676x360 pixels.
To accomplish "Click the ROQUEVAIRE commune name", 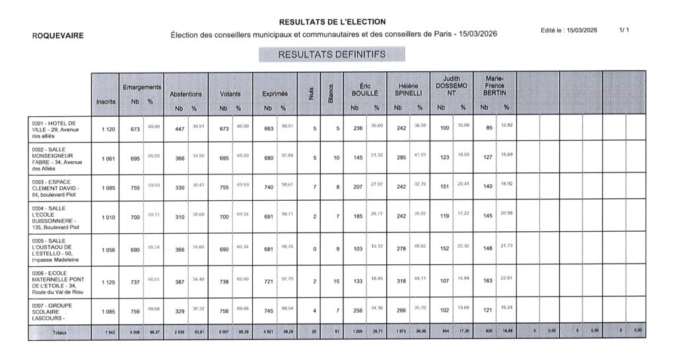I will click(x=58, y=36).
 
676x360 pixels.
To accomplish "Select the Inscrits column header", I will click(x=106, y=101).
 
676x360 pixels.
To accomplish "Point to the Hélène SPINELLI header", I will click(x=408, y=90).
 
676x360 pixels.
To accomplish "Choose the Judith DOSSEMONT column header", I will click(x=452, y=86).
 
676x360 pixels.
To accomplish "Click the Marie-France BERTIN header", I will click(x=494, y=86).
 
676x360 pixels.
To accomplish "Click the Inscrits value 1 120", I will click(x=108, y=129).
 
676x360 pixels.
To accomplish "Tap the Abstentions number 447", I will click(x=179, y=129).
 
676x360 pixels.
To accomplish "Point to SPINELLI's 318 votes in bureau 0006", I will click(x=401, y=282).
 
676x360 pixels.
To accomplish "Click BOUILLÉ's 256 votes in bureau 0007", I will click(x=358, y=312).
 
